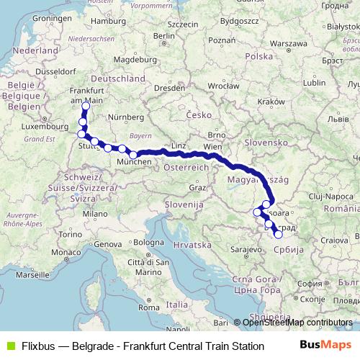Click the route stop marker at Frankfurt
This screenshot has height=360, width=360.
(86, 107)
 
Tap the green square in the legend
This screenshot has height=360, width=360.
(9, 346)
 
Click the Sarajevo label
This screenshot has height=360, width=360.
(245, 249)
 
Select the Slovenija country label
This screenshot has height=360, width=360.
(180, 204)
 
